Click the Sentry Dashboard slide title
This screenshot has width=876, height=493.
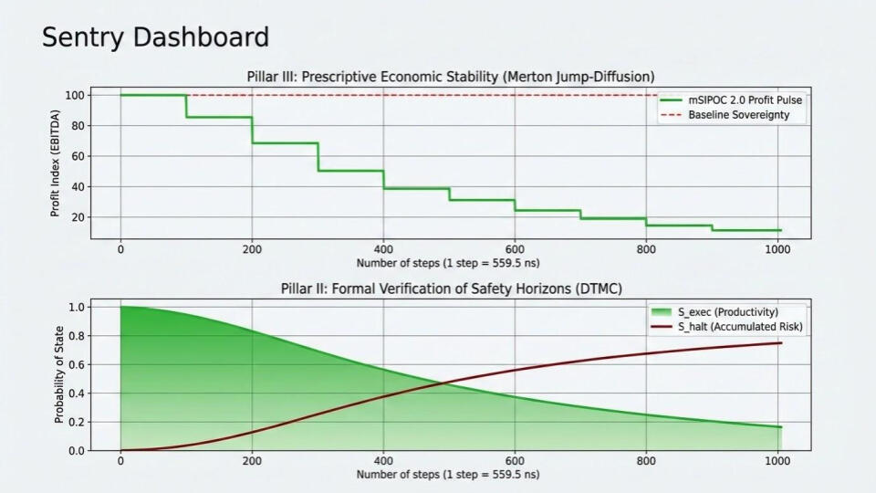(x=155, y=37)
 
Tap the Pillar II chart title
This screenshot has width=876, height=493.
(x=451, y=289)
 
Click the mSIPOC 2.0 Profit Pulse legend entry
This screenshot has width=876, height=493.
(x=732, y=100)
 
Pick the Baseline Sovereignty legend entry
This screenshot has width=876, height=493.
(x=738, y=114)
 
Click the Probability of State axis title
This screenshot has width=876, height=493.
(x=58, y=375)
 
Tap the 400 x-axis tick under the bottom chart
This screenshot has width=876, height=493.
(x=383, y=461)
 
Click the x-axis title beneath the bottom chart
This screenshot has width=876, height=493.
(x=451, y=475)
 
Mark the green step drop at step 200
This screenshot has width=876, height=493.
(x=252, y=130)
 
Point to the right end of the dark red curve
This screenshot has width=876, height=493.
(x=781, y=343)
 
